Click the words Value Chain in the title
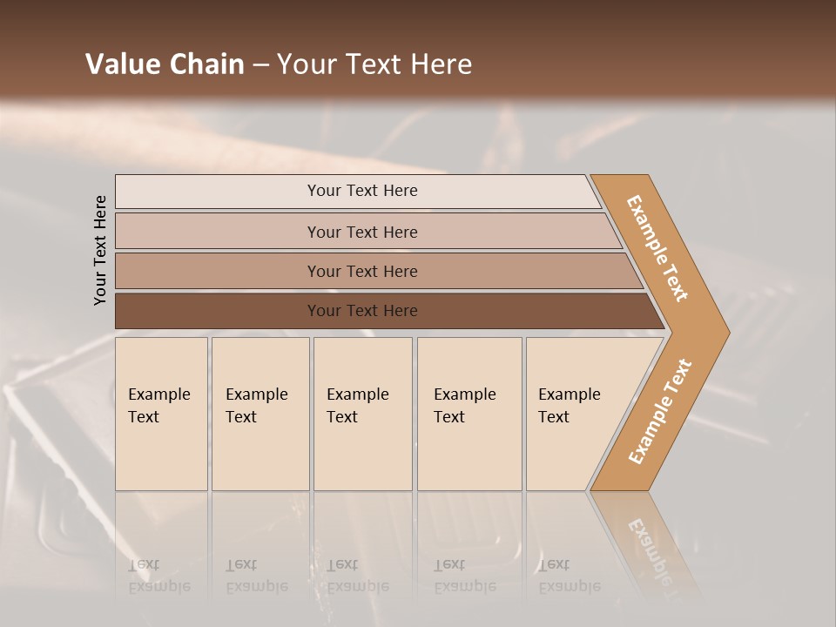pos(165,64)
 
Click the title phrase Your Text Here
pos(374,64)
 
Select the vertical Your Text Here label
pos(100,250)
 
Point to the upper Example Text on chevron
pos(658,248)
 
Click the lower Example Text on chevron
pos(660,411)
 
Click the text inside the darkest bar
pos(362,311)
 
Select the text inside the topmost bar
pos(362,191)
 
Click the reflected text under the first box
pos(158,576)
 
